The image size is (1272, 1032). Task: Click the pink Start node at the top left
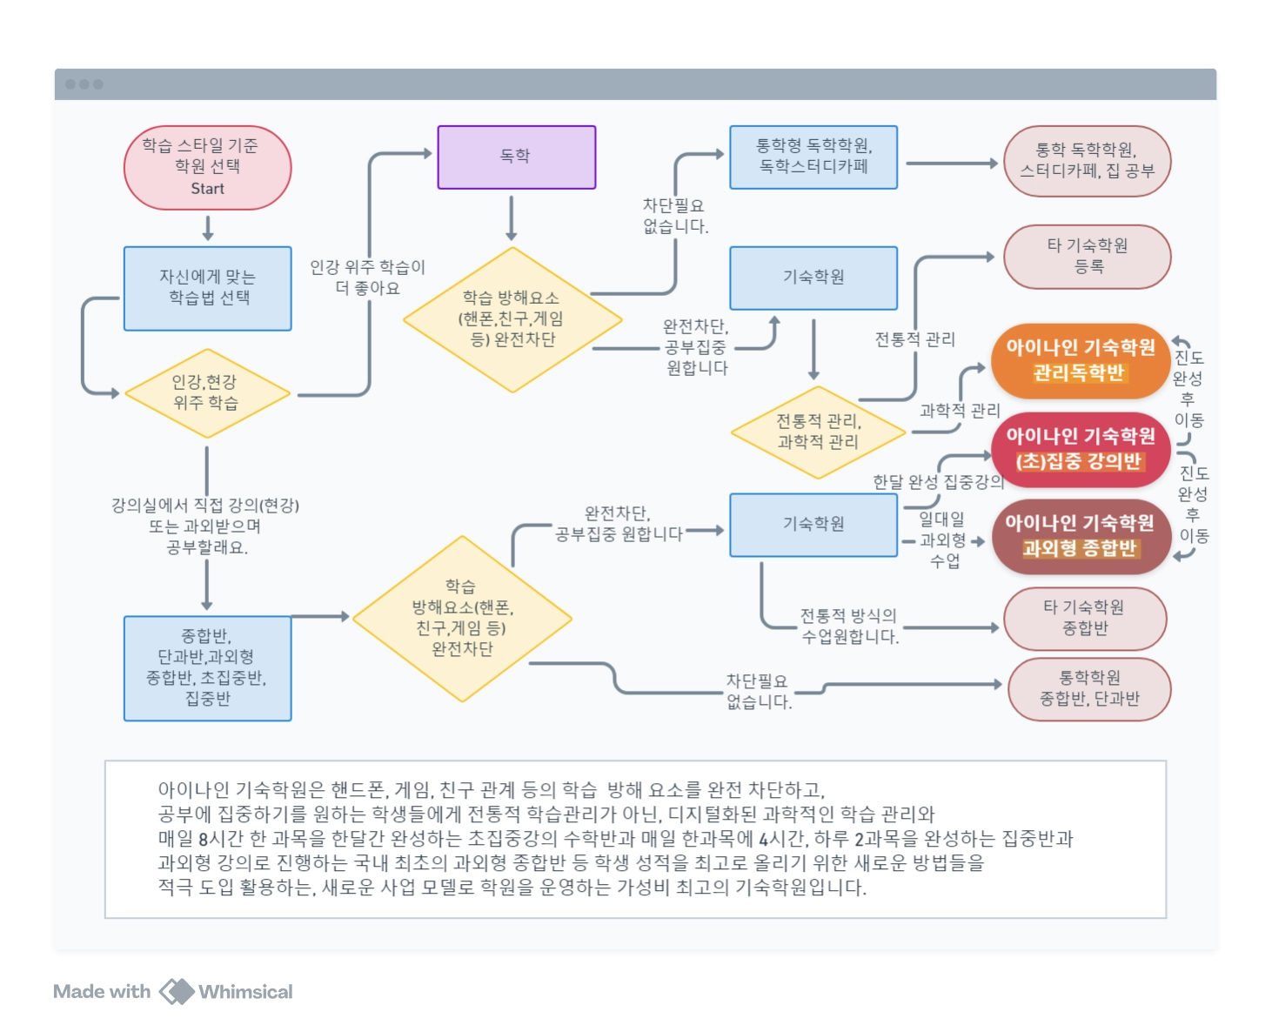click(x=207, y=167)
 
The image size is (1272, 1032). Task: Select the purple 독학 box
click(x=516, y=157)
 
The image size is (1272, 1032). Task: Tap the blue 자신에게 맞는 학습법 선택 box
click(x=207, y=288)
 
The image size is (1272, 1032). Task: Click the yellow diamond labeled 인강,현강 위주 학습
click(x=206, y=393)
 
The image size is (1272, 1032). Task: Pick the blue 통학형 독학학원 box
click(x=813, y=157)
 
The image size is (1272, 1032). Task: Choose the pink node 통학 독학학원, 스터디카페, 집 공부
click(x=1087, y=161)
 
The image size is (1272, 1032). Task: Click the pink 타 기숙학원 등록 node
click(x=1087, y=257)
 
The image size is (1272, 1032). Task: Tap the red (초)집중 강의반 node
click(x=1080, y=449)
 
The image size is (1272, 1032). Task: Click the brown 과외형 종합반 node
click(x=1080, y=536)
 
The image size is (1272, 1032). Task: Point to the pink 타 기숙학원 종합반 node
click(x=1084, y=618)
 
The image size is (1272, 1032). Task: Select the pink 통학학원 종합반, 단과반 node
click(x=1089, y=688)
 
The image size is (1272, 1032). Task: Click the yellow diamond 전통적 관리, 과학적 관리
click(x=818, y=432)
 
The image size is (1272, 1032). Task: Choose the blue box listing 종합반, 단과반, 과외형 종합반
click(x=207, y=667)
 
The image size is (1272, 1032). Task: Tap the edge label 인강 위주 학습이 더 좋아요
click(x=368, y=278)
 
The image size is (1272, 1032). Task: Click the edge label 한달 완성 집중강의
click(x=938, y=481)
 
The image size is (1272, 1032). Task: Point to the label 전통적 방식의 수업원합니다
click(x=849, y=627)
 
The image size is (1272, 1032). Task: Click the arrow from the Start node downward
click(x=207, y=227)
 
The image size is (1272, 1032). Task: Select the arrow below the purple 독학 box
click(x=512, y=218)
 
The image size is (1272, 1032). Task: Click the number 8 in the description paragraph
click(x=204, y=840)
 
